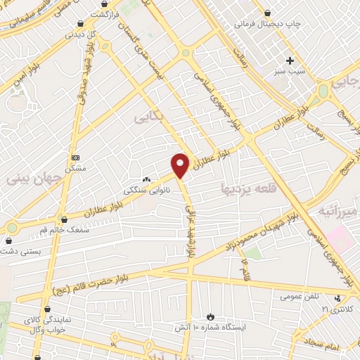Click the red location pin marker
coord(181,165)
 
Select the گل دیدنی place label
coord(80,33)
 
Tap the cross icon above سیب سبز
coord(290,60)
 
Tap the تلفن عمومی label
coord(301,296)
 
